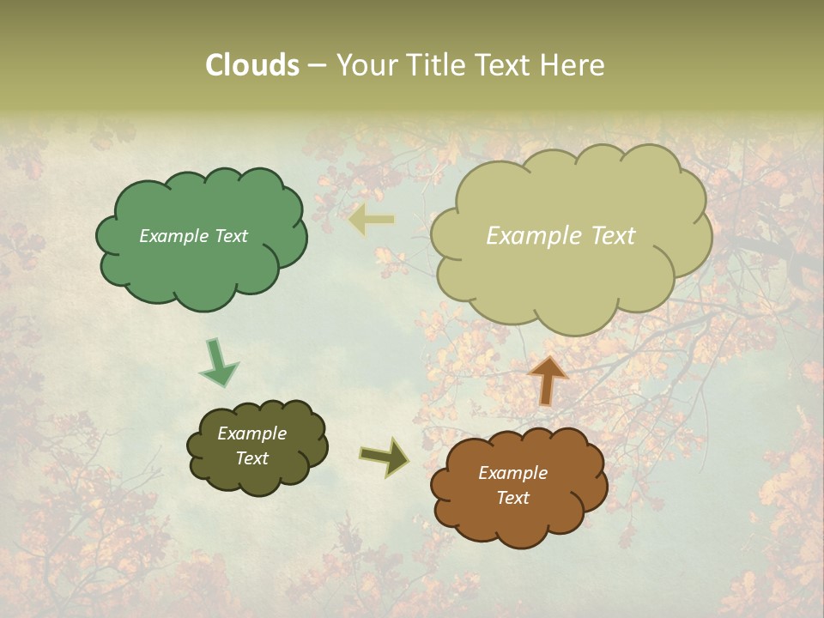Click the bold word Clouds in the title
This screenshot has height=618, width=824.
[x=252, y=65]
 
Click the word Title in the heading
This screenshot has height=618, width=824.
[x=434, y=65]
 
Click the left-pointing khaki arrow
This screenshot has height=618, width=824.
[x=372, y=221]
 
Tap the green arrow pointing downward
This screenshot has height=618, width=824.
[x=220, y=361]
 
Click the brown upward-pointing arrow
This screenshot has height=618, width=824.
[x=548, y=379]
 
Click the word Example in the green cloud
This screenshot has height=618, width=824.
[x=175, y=236]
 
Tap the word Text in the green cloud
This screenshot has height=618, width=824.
[x=231, y=236]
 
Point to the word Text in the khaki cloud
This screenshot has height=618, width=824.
[x=611, y=236]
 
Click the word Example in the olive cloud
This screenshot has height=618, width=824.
[x=251, y=433]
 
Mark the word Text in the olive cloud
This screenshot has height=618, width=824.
[x=251, y=458]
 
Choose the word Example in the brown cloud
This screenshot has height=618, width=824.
[x=512, y=473]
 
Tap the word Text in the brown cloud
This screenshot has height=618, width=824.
[x=512, y=498]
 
